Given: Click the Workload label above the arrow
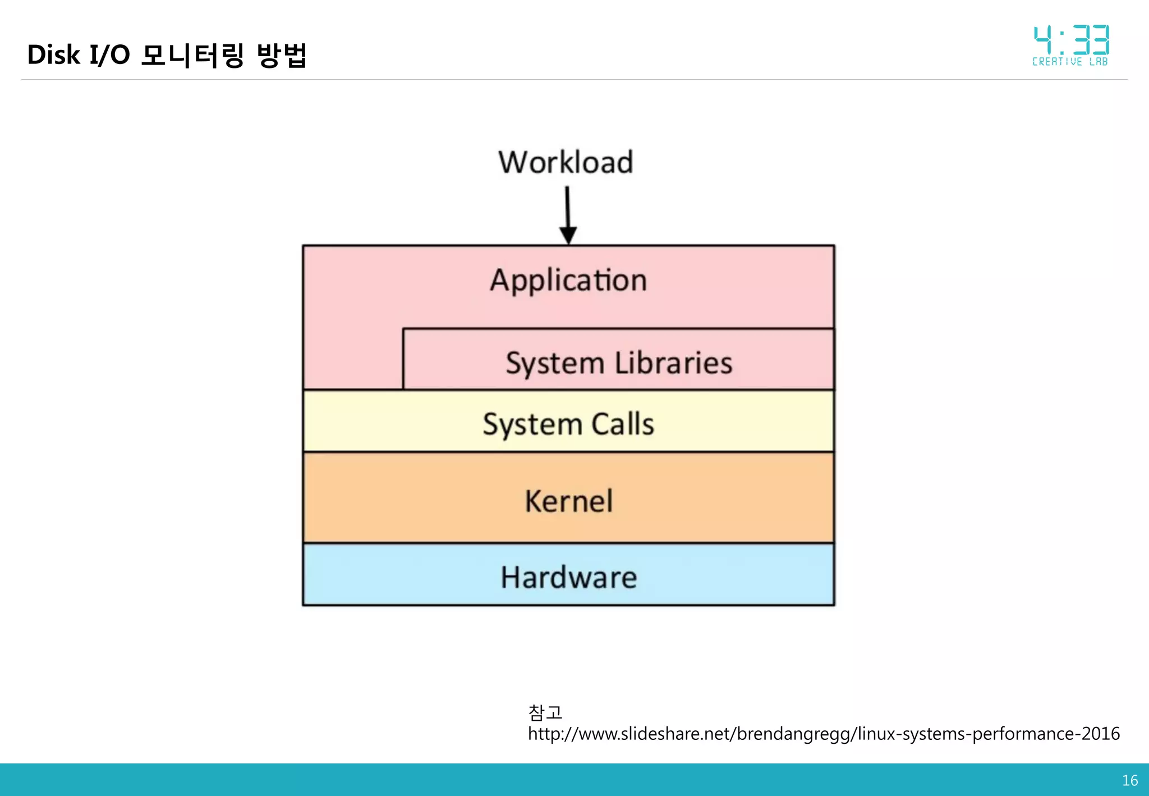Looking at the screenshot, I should coord(566,162).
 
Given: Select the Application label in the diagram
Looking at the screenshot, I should coord(568,280).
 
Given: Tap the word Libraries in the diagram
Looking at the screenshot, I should coord(673,363).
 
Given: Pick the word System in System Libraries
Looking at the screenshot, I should coord(554,364).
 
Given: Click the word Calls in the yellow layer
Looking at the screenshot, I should coord(623,424).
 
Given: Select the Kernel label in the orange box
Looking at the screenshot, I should coord(568,501).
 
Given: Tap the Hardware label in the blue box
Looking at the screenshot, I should coord(568,577).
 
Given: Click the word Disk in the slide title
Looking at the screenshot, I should coord(53,55).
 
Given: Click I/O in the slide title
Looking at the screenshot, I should coord(109,55).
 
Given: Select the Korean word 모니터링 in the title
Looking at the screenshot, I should coord(192,55).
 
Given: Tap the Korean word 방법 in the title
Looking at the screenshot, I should coord(282,55).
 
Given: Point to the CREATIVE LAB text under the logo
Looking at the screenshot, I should coord(1070,62).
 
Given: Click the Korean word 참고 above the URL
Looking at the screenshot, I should coord(545,712).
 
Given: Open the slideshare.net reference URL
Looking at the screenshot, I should coord(823,734).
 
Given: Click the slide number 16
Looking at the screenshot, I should coord(1129,780).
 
